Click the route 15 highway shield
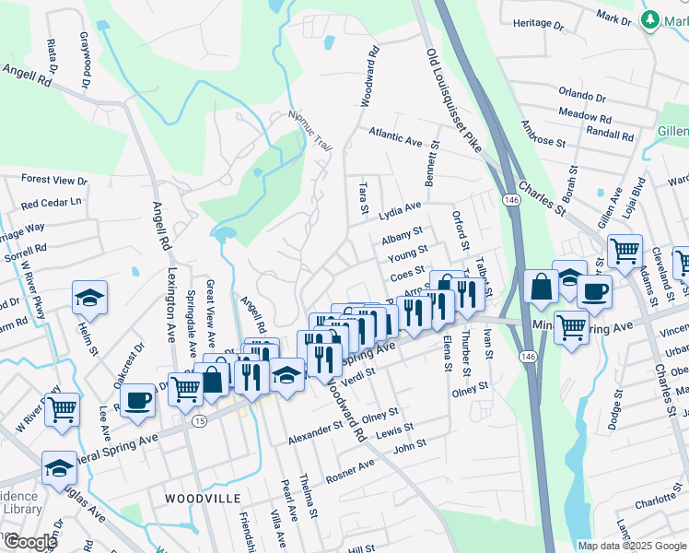(199, 421)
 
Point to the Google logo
(29, 542)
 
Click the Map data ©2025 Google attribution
(632, 546)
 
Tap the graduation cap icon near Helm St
(90, 298)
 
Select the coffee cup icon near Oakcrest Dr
(139, 400)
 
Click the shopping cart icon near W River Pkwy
(63, 408)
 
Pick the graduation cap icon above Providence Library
(60, 467)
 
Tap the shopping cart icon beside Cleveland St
(625, 250)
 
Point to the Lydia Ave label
(400, 209)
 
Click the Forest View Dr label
(53, 180)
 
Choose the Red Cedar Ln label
(52, 202)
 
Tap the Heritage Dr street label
(536, 22)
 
